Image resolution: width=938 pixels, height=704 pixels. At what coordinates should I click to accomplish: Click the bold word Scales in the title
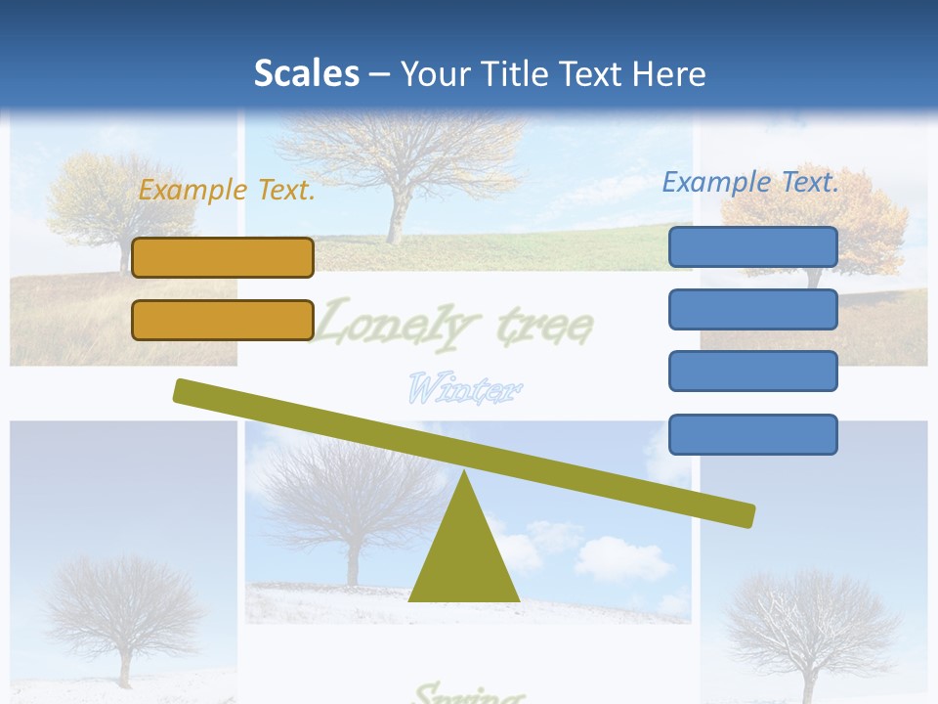tap(306, 73)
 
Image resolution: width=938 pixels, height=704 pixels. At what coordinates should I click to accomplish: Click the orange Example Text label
tap(227, 190)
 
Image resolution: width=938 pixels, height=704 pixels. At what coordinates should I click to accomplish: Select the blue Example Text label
tap(750, 182)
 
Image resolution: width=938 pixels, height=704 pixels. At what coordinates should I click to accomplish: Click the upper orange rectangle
tap(223, 257)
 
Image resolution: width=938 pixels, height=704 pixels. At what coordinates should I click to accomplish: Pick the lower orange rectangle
tap(223, 320)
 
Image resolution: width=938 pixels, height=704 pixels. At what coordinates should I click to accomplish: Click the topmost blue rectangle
tap(753, 246)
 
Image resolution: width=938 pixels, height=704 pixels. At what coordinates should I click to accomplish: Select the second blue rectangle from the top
tap(753, 309)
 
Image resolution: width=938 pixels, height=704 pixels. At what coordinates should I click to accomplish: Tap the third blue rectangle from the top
tap(753, 372)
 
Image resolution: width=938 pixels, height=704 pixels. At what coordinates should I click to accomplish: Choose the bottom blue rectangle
tap(753, 434)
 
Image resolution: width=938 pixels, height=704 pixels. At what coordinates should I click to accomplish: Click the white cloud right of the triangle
tap(620, 558)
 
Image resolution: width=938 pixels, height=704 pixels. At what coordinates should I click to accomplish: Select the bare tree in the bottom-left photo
tap(123, 611)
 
